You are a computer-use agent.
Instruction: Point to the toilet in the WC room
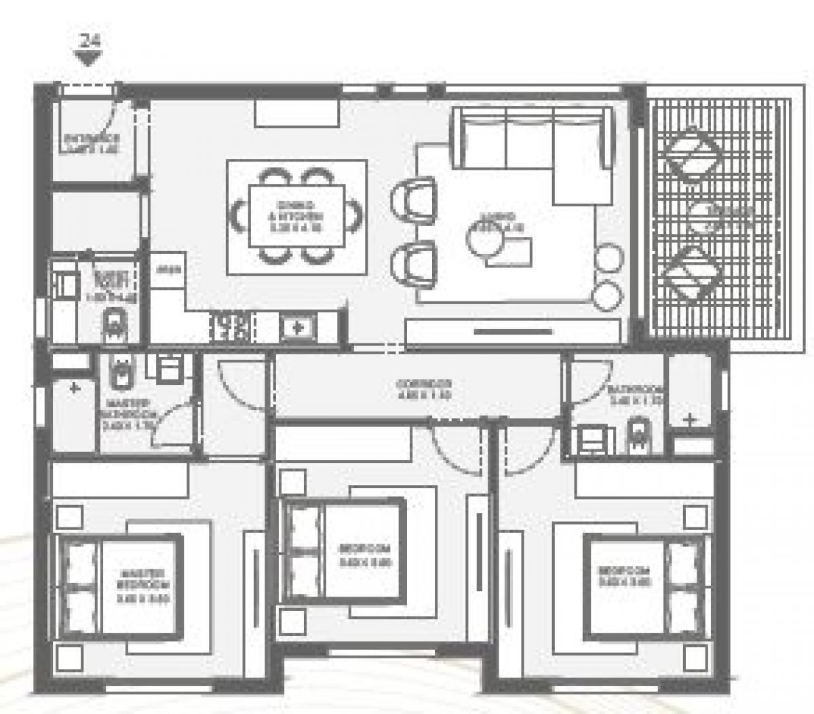click(x=114, y=324)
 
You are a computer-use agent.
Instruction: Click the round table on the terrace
click(x=708, y=217)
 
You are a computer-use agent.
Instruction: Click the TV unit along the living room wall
click(x=513, y=332)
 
